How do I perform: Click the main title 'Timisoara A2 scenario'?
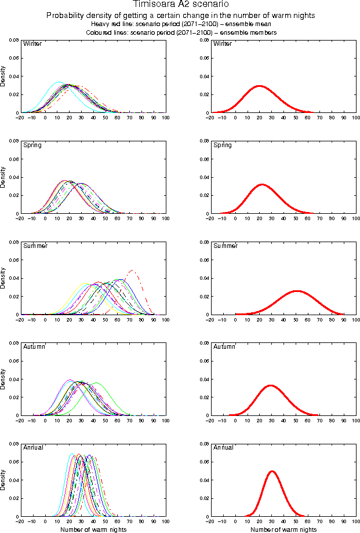tap(180, 5)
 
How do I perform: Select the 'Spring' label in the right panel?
tap(222, 145)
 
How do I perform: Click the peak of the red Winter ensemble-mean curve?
tap(259, 86)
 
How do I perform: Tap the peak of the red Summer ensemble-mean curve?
tap(297, 291)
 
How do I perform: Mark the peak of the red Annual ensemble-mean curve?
tap(272, 471)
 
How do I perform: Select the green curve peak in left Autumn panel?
tap(96, 383)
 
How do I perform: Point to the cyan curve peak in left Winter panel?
tap(58, 82)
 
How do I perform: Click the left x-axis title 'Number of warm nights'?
tap(93, 529)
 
